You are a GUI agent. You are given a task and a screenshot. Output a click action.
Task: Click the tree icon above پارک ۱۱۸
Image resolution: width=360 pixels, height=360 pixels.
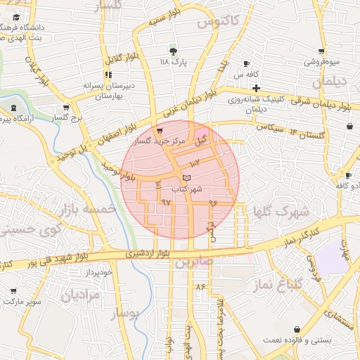(x=173, y=51)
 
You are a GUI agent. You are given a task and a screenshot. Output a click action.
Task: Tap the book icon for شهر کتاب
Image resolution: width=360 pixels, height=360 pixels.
(x=186, y=178)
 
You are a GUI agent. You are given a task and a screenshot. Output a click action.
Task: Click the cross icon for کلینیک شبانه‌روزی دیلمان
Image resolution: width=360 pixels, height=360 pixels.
(x=257, y=89)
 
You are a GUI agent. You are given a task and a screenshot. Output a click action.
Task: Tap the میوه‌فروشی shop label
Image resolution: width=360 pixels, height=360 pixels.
(x=321, y=62)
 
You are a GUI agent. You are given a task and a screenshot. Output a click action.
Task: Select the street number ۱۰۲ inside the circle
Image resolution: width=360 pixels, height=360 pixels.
(x=195, y=163)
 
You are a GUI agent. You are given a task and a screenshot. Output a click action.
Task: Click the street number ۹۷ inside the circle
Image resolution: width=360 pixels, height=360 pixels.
(x=166, y=202)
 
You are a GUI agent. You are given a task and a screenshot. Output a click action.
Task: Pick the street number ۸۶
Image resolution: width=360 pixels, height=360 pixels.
(x=200, y=286)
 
